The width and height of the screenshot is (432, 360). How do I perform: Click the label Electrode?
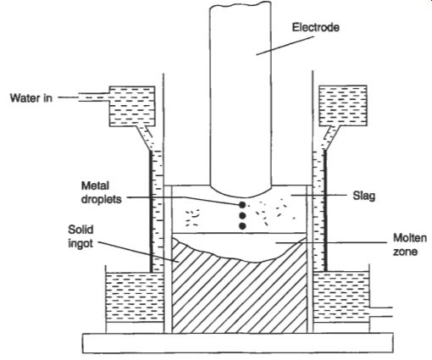[x=315, y=27]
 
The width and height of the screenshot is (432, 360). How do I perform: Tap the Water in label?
[x=31, y=98]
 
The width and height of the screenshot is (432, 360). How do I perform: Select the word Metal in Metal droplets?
[x=95, y=186]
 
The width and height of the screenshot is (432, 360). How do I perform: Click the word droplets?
[x=102, y=199]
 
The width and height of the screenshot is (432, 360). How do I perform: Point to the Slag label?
[x=364, y=196]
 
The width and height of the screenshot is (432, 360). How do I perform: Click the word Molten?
[x=410, y=238]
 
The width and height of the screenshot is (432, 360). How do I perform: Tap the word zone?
[x=406, y=252]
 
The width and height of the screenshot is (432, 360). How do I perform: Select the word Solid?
[x=80, y=230]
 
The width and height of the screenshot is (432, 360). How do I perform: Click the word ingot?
[x=80, y=243]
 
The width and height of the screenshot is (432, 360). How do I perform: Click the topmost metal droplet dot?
[x=242, y=205]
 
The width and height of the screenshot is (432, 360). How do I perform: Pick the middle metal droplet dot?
[x=242, y=216]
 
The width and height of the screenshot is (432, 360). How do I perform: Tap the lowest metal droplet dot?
[x=242, y=226]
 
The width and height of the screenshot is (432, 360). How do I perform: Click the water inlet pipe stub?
[x=94, y=97]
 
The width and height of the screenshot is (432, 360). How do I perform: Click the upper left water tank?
[x=132, y=106]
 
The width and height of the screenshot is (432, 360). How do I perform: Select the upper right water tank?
[x=343, y=106]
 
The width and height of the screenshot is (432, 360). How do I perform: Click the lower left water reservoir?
[x=135, y=297]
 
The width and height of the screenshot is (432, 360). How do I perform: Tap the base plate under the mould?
[x=238, y=343]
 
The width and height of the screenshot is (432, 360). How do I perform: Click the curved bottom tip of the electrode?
[x=241, y=197]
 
